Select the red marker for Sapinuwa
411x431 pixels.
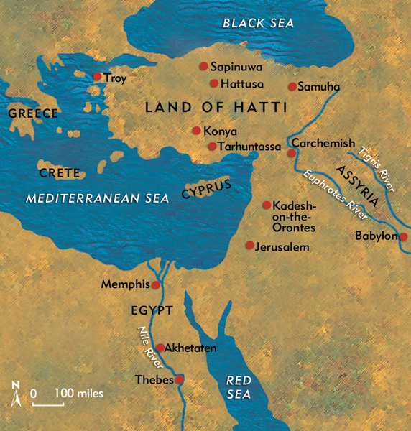point(204,66)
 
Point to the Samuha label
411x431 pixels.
point(319,87)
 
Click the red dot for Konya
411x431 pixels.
point(196,131)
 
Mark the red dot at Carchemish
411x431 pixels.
point(292,153)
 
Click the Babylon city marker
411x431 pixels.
point(404,237)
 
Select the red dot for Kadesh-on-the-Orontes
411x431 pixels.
point(267,205)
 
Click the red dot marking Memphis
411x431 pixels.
point(156,285)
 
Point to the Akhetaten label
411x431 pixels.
point(191,348)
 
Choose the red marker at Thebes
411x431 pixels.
point(180,379)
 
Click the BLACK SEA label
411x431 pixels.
point(259,24)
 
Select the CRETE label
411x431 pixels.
point(55,174)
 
